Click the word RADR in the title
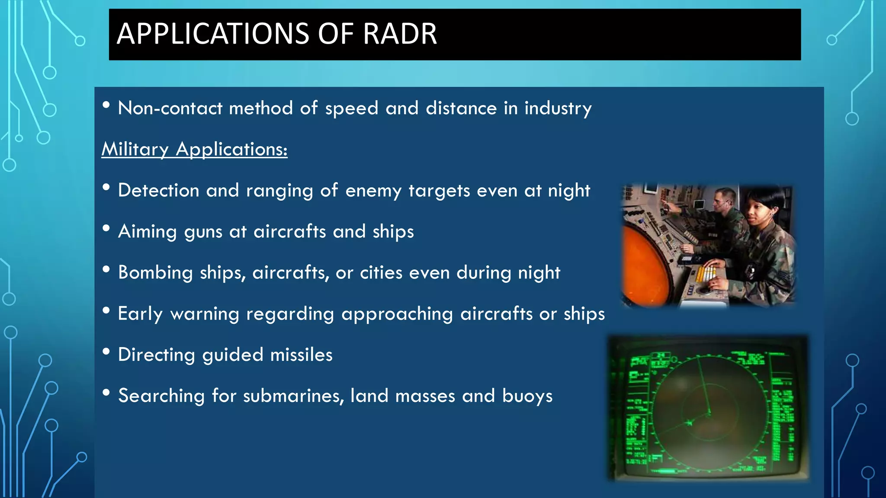point(400,34)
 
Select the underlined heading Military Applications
point(194,149)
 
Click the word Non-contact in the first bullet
point(170,108)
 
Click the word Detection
point(158,191)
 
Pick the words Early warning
point(178,314)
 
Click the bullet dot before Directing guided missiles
point(106,352)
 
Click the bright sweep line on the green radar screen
point(703,387)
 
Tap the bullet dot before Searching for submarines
point(106,393)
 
